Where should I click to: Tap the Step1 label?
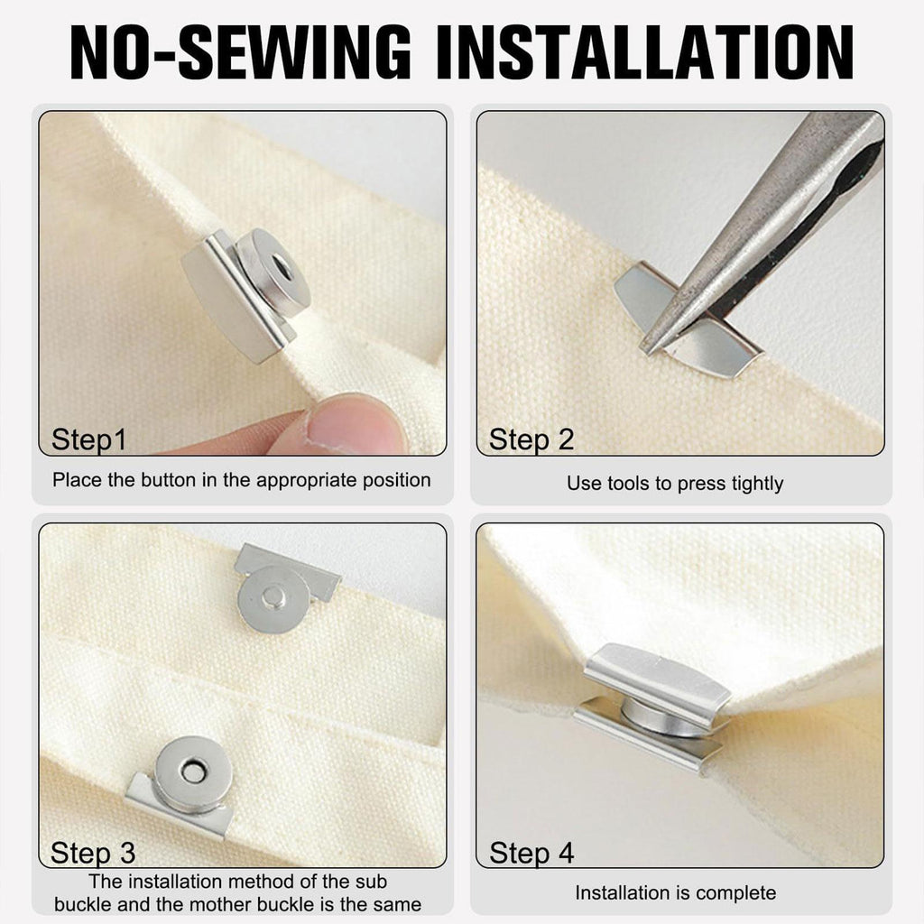pyautogui.click(x=89, y=439)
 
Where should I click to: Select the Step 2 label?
pyautogui.click(x=531, y=439)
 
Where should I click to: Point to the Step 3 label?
pyautogui.click(x=93, y=853)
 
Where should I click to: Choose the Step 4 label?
pyautogui.click(x=531, y=853)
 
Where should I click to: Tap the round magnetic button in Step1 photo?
pyautogui.click(x=273, y=273)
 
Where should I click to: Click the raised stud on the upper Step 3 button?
pyautogui.click(x=273, y=597)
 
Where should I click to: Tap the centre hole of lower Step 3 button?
pyautogui.click(x=193, y=772)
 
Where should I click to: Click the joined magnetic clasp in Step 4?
pyautogui.click(x=654, y=704)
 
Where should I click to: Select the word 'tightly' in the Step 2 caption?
pyautogui.click(x=757, y=484)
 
